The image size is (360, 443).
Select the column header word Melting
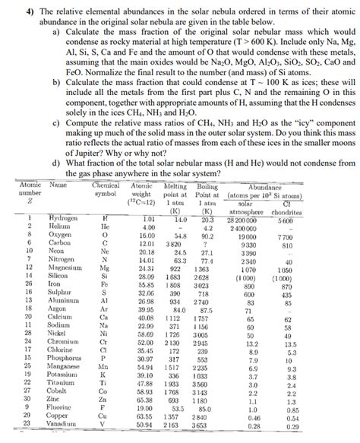pos(177,185)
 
